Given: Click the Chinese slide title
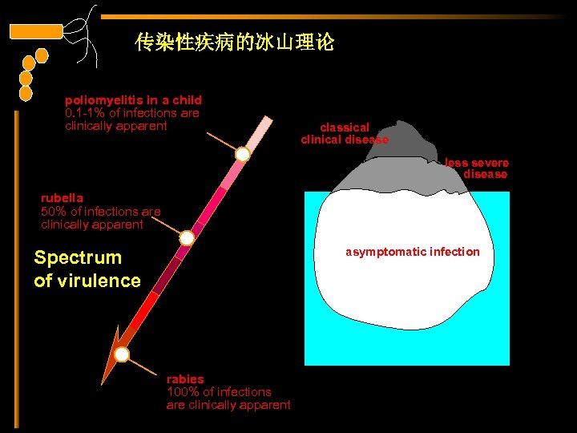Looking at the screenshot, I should [x=235, y=42].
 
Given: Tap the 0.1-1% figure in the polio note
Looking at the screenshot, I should [x=85, y=113].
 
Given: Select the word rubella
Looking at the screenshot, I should [x=62, y=198].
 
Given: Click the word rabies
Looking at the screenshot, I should [x=185, y=378].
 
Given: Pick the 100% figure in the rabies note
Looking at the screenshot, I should [x=181, y=392].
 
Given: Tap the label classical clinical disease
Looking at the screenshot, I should [x=345, y=133].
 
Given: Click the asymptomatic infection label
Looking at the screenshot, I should [x=412, y=252].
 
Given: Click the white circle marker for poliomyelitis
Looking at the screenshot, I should [x=242, y=154].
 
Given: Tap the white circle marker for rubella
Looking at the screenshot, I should [x=187, y=238].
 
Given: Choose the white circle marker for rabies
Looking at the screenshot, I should [x=122, y=354].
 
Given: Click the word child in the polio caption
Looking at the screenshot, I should [x=187, y=100].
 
